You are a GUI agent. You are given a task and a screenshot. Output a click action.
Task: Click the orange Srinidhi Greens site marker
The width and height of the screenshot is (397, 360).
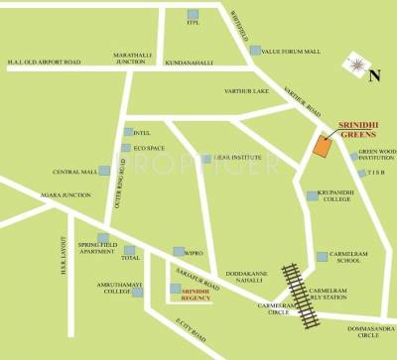click(x=323, y=146)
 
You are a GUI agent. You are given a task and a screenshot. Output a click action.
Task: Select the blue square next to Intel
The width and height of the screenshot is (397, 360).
click(x=127, y=132)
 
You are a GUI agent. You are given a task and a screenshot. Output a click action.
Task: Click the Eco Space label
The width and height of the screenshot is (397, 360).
click(x=150, y=149)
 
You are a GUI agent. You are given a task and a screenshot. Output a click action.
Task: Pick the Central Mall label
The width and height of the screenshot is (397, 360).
click(x=72, y=171)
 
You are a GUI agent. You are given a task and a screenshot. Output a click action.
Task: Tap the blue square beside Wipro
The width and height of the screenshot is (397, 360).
click(x=177, y=252)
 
